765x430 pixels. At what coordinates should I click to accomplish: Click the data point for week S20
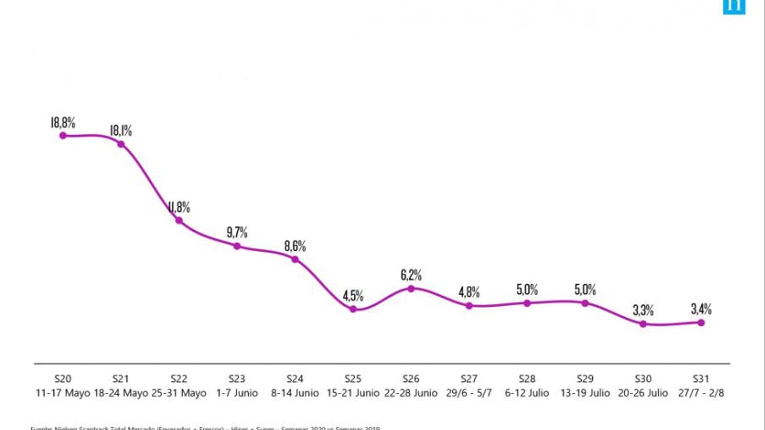[63, 136]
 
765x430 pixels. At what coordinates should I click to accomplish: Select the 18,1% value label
[121, 130]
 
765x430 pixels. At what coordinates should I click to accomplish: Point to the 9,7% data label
[237, 233]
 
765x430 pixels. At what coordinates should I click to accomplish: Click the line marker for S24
[295, 259]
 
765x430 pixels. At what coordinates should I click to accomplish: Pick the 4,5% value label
[353, 296]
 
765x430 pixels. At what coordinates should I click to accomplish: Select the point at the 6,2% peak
[411, 289]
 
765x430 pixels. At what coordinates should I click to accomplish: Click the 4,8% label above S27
[469, 292]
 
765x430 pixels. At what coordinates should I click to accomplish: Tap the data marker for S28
[527, 303]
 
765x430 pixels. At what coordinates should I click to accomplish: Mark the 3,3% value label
[643, 310]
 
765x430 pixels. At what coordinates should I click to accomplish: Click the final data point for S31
[701, 323]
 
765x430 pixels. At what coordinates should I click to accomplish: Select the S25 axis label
[353, 379]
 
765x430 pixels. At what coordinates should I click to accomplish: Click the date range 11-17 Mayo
[63, 393]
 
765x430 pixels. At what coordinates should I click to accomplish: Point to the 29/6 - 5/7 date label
[469, 393]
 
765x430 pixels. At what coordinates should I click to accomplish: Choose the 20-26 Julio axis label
[643, 393]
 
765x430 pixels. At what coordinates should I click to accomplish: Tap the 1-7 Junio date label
[237, 393]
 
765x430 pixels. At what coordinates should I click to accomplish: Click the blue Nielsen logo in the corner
[734, 7]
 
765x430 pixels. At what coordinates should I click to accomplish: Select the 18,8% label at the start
[63, 123]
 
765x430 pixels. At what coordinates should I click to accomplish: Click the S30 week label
[643, 379]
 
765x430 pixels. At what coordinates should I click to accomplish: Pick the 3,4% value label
[701, 309]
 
